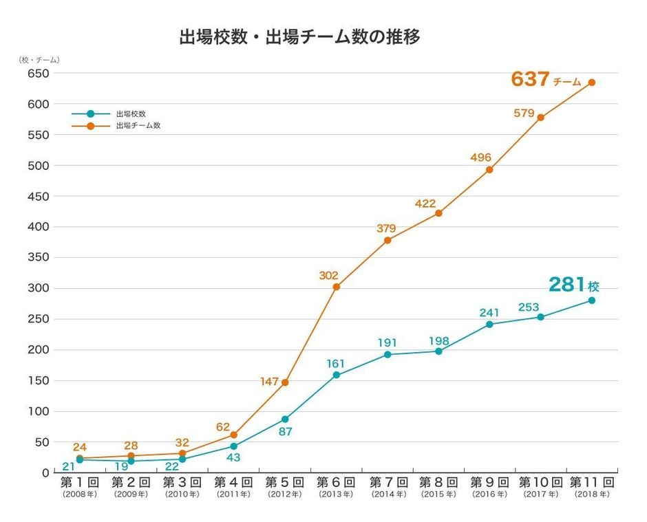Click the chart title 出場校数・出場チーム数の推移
point(299,37)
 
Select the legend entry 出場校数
point(131,113)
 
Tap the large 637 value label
point(530,80)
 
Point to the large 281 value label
point(566,285)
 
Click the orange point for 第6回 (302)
point(336,287)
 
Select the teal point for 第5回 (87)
point(285,419)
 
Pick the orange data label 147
point(270,381)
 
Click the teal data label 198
point(439,340)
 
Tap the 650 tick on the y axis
point(38,74)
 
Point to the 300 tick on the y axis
point(38,288)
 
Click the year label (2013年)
point(336,494)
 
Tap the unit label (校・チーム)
point(39,60)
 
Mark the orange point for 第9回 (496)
point(489,170)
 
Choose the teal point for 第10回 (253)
point(540,317)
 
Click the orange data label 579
point(524,113)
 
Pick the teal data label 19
point(121,467)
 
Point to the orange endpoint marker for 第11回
point(591,83)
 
